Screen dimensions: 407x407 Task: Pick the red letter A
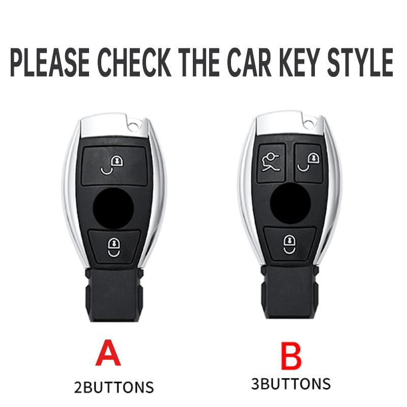pos(108,353)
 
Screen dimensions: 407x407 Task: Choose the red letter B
pos(290,357)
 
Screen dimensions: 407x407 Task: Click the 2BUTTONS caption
pos(113,387)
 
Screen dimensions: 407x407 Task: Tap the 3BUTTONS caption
pos(290,383)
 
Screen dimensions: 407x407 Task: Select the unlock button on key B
pos(309,162)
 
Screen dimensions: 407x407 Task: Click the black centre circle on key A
pos(113,208)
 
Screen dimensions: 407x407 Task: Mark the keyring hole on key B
pos(309,122)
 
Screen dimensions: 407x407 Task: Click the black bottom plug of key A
pos(114,295)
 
